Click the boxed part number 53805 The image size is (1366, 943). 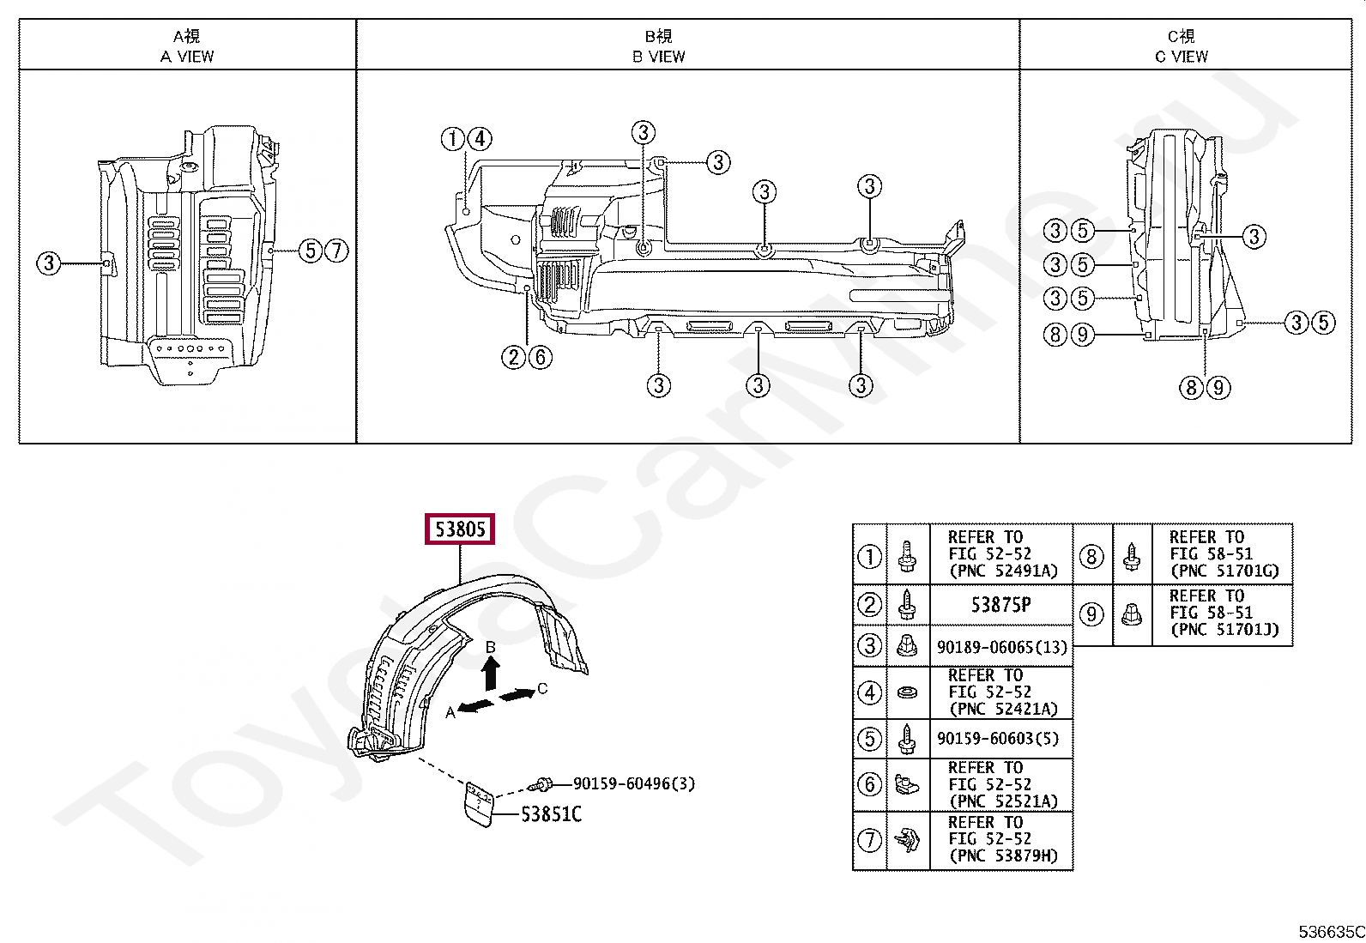pos(460,529)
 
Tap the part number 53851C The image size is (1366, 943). pos(551,814)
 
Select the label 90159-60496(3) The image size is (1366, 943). pos(633,783)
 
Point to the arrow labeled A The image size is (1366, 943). pos(476,705)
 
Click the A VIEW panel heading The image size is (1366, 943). pos(187,46)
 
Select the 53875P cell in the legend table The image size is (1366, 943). pos(1000,605)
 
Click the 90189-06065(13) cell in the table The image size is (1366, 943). pos(1001,647)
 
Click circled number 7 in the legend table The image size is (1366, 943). pos(869,839)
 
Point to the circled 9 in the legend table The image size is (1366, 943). pos(1091,614)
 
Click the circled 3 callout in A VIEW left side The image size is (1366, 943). pos(49,263)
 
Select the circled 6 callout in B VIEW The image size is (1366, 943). pos(540,357)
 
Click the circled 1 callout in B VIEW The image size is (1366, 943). pos(453,138)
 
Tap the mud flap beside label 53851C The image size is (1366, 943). pos(479,804)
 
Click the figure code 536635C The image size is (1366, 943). pos(1330,932)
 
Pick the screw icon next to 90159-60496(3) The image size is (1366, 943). pos(541,784)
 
